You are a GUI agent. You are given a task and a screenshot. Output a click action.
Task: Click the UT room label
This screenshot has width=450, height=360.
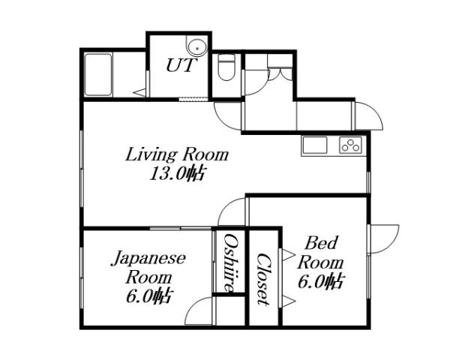tap(180, 66)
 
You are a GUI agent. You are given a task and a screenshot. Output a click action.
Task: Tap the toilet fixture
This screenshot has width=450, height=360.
tap(225, 69)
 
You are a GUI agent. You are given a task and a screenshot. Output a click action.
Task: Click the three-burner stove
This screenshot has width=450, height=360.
tap(350, 145)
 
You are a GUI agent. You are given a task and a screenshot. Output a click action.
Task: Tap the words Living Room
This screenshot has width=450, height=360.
tap(176, 155)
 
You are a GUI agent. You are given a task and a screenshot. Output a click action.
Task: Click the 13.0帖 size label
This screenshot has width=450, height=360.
tap(177, 175)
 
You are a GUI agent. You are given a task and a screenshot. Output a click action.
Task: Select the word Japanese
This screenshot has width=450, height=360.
tap(148, 259)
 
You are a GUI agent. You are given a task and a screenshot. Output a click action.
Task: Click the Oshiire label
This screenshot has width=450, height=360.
tap(231, 262)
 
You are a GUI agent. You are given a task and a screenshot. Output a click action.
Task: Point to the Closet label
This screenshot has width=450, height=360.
tap(263, 278)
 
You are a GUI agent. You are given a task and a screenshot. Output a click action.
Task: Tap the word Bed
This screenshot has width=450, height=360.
tap(321, 244)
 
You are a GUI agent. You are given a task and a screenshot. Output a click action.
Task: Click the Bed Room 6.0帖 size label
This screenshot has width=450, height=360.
tap(321, 282)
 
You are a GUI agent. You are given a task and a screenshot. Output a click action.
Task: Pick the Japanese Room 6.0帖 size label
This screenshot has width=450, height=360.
tap(148, 295)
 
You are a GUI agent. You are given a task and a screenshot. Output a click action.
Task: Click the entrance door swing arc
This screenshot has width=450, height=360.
tap(369, 116)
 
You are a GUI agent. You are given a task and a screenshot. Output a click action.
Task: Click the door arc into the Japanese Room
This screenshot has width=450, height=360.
tap(199, 313)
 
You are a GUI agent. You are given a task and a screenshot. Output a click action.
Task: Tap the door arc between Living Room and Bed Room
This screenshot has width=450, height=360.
tap(234, 212)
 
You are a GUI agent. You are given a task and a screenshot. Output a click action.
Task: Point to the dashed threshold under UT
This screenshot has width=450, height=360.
tap(195, 99)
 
